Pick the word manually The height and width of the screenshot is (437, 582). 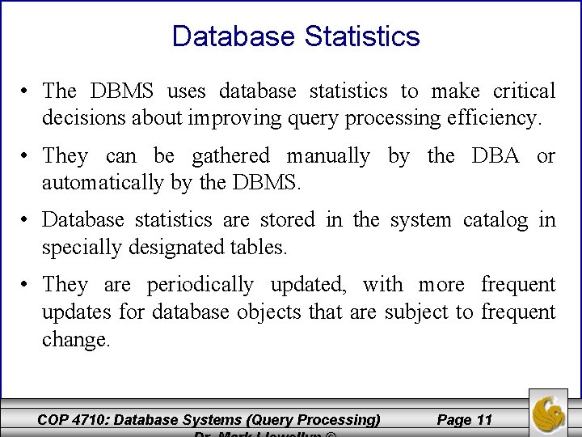[x=329, y=155]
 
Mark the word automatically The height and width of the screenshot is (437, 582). [x=104, y=183]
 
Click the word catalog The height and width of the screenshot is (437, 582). [x=496, y=219]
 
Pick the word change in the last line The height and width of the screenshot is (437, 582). [x=74, y=340]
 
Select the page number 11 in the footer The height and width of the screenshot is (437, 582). [x=484, y=419]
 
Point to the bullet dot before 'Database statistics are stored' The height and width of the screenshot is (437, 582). [x=27, y=219]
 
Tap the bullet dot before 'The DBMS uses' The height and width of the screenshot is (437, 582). [x=27, y=91]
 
